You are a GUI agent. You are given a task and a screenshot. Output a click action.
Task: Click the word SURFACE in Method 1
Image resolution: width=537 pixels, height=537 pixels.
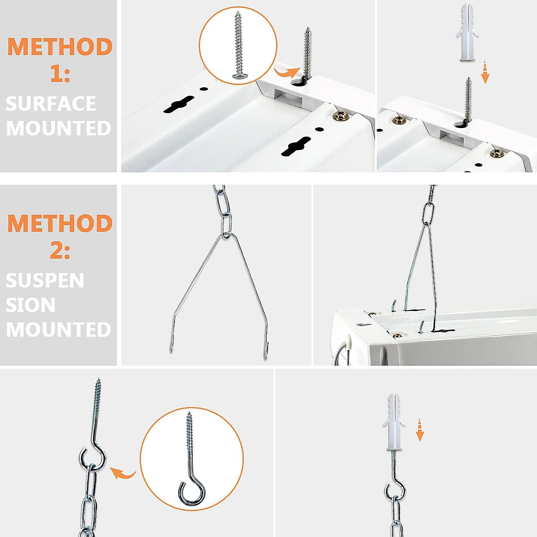tap(51, 104)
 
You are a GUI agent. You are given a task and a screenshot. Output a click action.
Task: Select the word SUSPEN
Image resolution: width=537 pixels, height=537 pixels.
tap(45, 281)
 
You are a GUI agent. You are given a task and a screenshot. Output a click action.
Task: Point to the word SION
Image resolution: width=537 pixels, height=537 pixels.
tap(30, 305)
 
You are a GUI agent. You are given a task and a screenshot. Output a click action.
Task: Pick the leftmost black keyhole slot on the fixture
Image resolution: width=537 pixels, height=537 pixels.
tap(179, 105)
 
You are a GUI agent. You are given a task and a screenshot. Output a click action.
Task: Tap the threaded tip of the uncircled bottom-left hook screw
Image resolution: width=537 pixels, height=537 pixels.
tap(98, 389)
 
